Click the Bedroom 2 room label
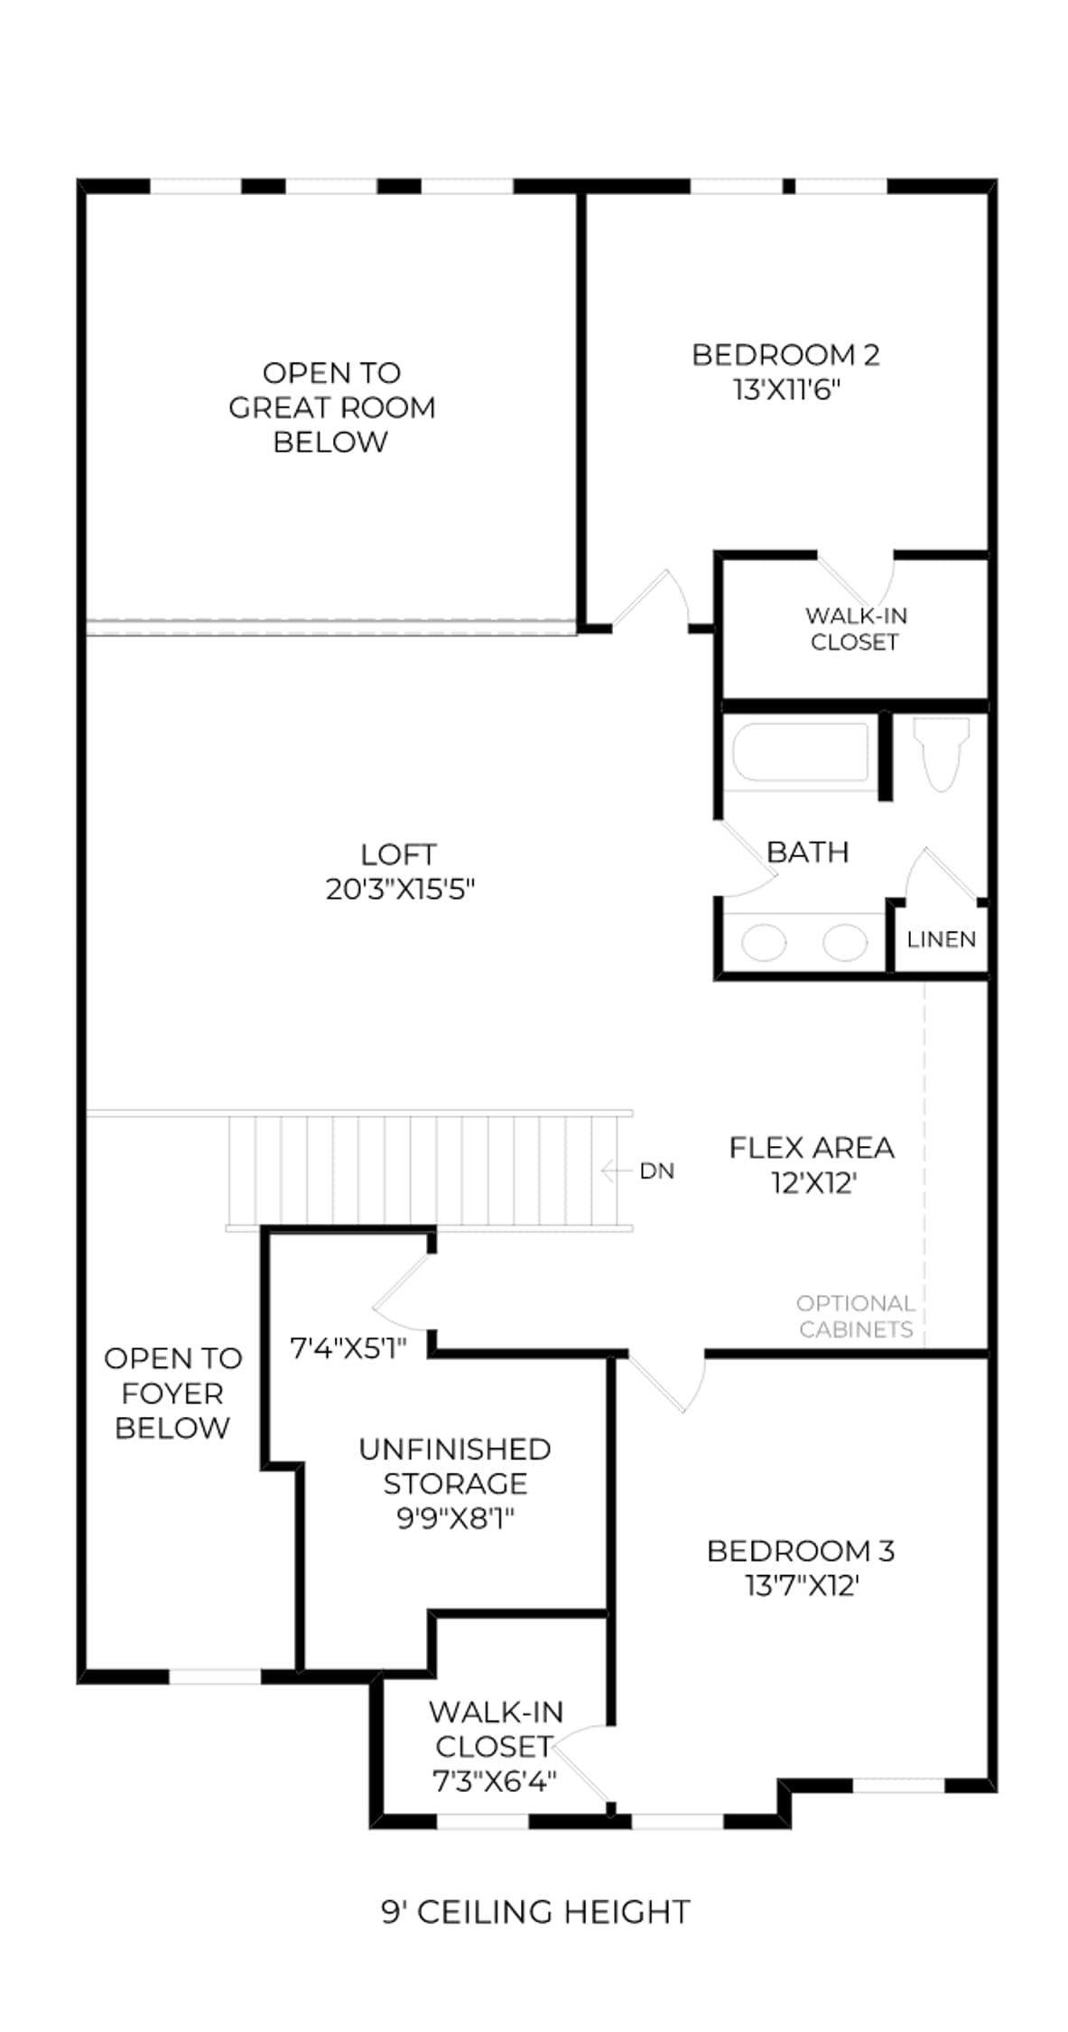(x=785, y=355)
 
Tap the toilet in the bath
(x=941, y=753)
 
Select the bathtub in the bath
(x=801, y=751)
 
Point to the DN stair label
(x=656, y=1171)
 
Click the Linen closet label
(x=942, y=939)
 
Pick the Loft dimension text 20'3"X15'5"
(x=400, y=890)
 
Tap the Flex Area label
(x=812, y=1148)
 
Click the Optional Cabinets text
(x=856, y=1316)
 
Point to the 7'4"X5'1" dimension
(x=348, y=1348)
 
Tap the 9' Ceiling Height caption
(x=535, y=1912)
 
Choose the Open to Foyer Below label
(x=172, y=1393)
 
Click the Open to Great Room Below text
(x=331, y=407)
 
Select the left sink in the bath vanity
(x=764, y=943)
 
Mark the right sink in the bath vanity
(x=845, y=943)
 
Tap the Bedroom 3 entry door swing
(x=668, y=1382)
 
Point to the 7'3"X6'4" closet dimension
(x=494, y=1782)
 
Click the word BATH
(x=807, y=853)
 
